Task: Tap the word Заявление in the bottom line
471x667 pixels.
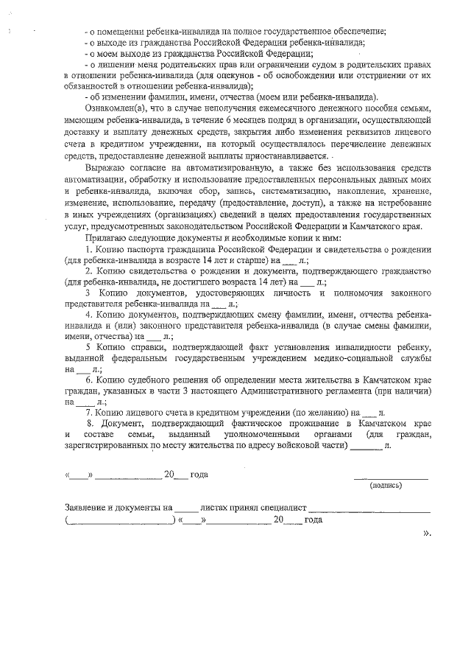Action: coord(87,507)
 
